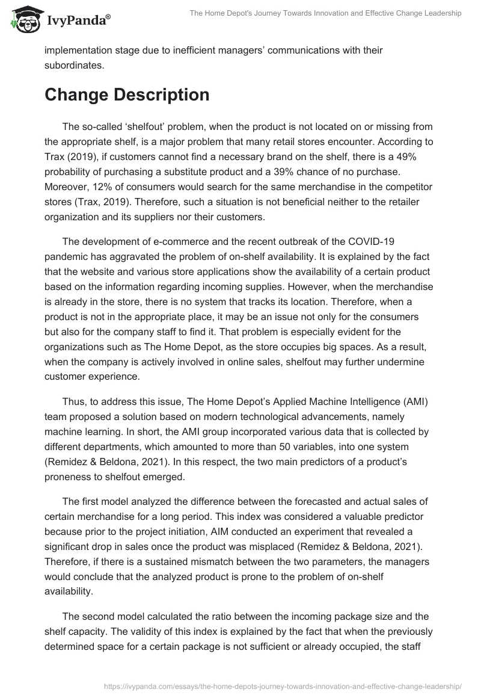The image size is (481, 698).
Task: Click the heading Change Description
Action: (127, 95)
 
